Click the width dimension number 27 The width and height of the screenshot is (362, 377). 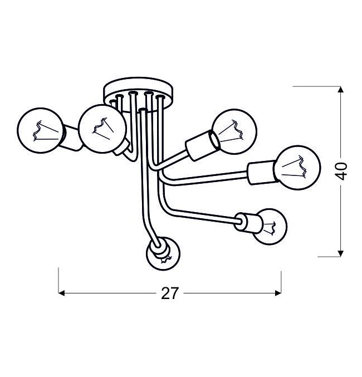coord(170,293)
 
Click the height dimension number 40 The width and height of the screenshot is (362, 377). coord(341,171)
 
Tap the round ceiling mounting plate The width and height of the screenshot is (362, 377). coord(138,94)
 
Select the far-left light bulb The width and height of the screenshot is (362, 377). coord(41,130)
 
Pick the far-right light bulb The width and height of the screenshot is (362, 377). coord(297,168)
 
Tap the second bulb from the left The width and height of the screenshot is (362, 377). coord(102,129)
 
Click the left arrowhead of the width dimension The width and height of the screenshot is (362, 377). coord(62,293)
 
